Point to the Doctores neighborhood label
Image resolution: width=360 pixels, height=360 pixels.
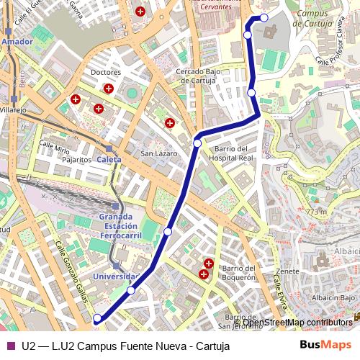click(107, 73)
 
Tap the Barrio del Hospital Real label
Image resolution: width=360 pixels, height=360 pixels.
click(234, 153)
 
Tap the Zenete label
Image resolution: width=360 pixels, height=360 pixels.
click(287, 271)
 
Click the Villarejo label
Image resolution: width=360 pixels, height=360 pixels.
click(12, 110)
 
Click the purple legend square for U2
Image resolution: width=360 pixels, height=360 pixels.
click(10, 346)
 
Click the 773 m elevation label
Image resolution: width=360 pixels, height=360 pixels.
click(316, 212)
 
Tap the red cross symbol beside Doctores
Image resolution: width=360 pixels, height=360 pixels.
click(108, 89)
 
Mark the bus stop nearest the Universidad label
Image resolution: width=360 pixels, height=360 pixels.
click(131, 290)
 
